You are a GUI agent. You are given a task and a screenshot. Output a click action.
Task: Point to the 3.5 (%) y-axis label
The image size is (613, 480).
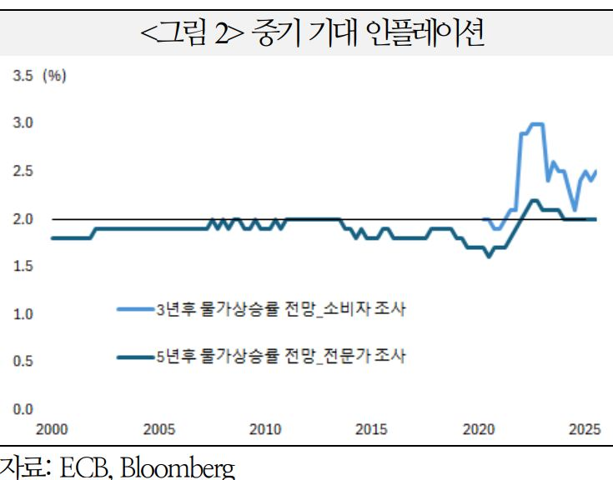[x=38, y=76]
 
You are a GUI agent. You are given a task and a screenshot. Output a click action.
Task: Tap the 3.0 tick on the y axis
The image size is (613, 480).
[x=21, y=123]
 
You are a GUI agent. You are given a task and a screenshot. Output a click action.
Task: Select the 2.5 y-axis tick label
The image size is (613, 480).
[x=21, y=171]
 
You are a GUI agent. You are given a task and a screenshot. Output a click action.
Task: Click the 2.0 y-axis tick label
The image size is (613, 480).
[x=21, y=219]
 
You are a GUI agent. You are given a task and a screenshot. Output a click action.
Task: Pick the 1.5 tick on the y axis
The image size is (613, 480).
[x=21, y=267]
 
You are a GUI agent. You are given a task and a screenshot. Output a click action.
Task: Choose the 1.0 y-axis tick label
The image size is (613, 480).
[x=21, y=314]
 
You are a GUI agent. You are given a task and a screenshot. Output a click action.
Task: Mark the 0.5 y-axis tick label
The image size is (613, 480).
[x=21, y=362]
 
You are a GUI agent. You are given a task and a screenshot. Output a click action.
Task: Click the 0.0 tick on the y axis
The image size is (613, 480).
[x=21, y=409]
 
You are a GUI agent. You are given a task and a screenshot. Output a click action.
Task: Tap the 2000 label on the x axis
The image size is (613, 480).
[x=53, y=430]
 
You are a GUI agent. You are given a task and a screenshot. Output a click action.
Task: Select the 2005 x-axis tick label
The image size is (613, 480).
[x=159, y=430]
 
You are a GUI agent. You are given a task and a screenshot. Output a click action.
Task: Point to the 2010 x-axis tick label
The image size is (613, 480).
[x=265, y=430]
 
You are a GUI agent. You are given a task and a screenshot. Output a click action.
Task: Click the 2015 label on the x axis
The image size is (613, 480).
[x=371, y=430]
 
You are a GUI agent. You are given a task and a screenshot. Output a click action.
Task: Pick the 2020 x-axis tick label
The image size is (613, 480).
[x=478, y=430]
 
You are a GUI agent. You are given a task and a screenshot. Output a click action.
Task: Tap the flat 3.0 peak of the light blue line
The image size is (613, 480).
[x=536, y=124]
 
